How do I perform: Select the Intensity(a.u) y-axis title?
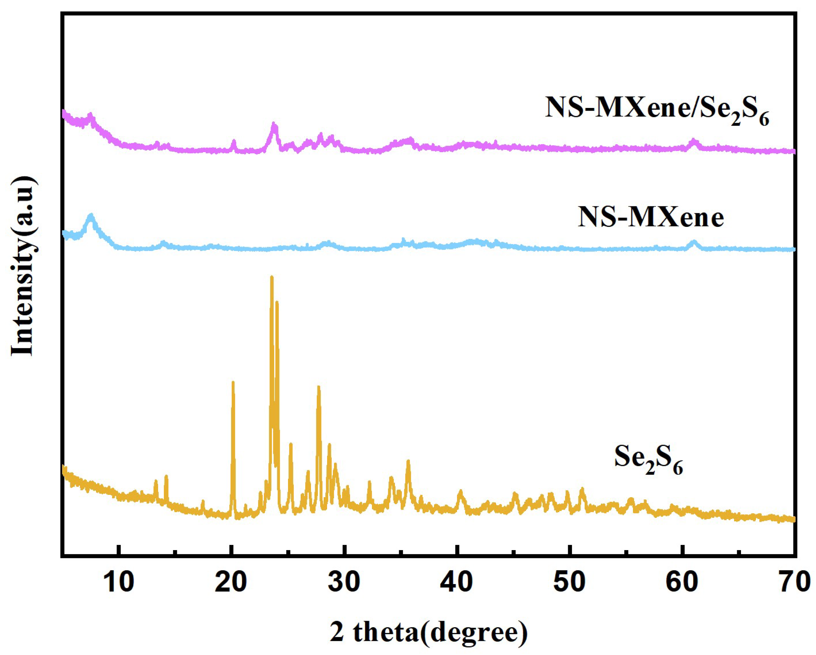pyautogui.click(x=23, y=265)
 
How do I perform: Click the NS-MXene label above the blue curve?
pyautogui.click(x=651, y=218)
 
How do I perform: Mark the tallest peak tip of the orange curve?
pyautogui.click(x=271, y=277)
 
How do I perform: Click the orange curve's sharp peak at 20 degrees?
pyautogui.click(x=233, y=383)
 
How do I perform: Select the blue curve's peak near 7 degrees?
pyautogui.click(x=91, y=216)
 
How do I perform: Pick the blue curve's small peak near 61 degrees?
pyautogui.click(x=693, y=241)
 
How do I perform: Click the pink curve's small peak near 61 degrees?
pyautogui.click(x=693, y=141)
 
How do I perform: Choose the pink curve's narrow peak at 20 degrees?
pyautogui.click(x=233, y=141)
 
